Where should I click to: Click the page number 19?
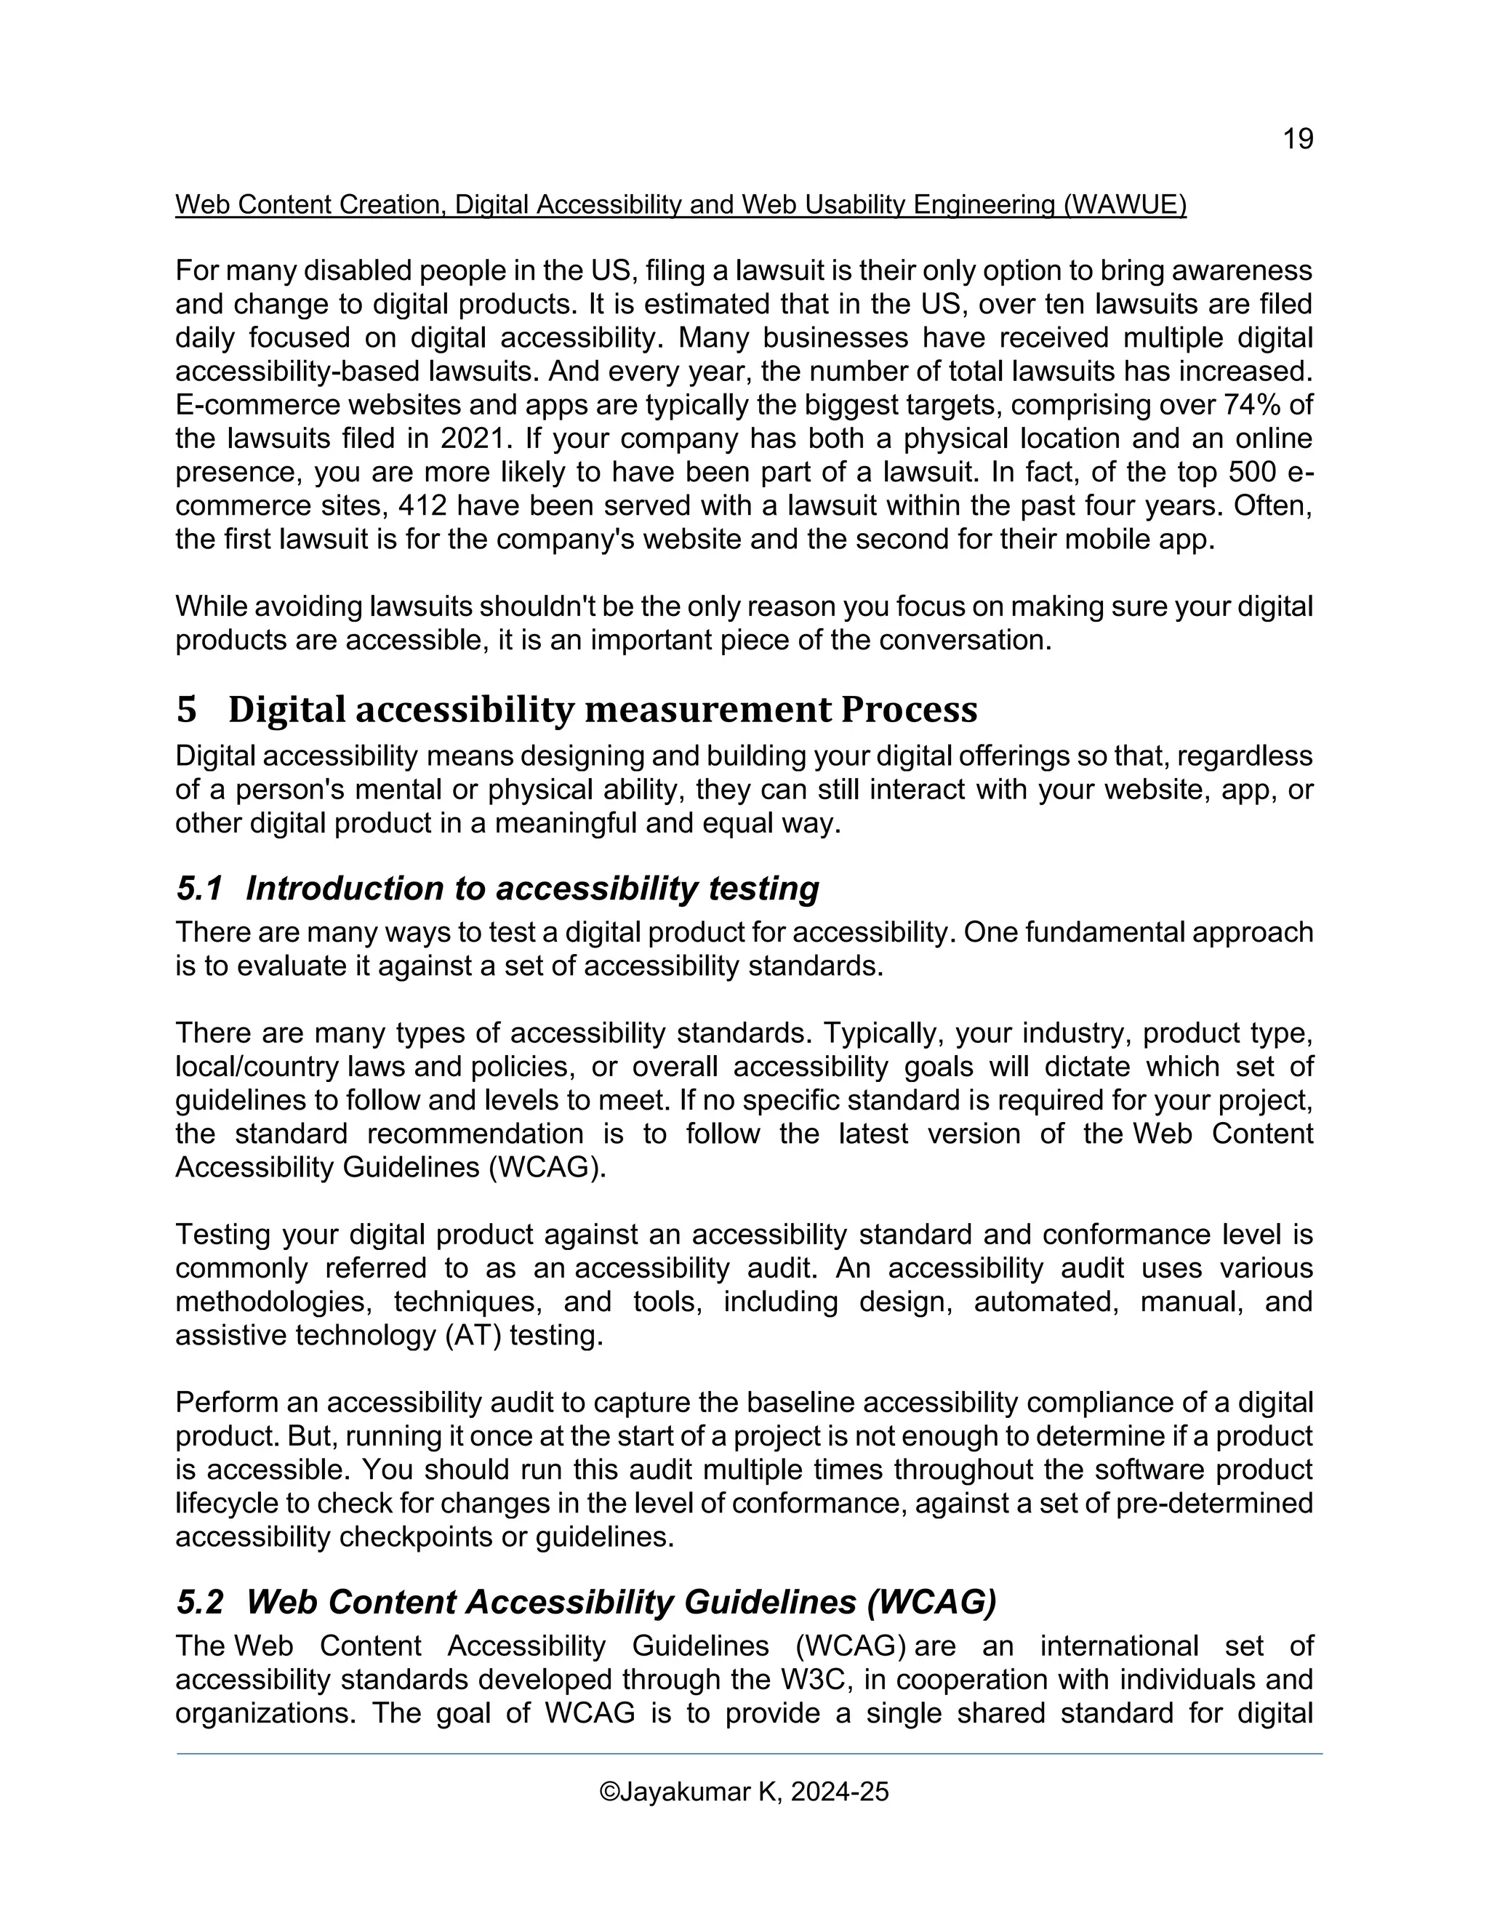tap(1298, 140)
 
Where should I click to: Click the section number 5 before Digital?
tap(186, 710)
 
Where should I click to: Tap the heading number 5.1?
tap(199, 889)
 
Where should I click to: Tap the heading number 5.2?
tap(199, 1602)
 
